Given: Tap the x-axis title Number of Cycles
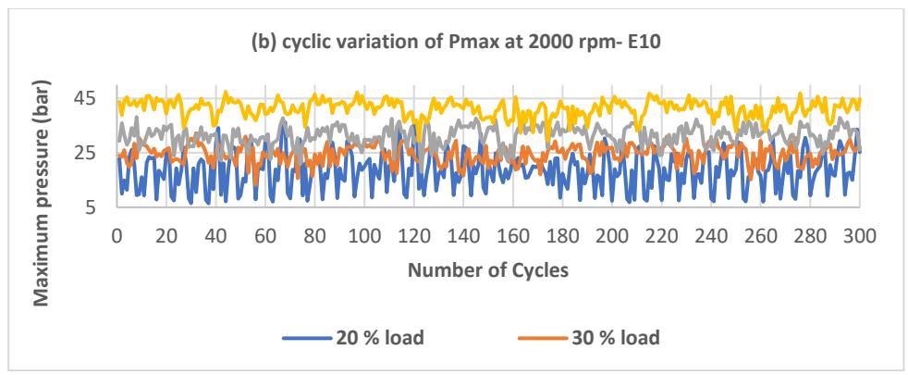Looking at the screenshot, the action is tap(488, 270).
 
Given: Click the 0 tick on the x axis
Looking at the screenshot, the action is tap(117, 237).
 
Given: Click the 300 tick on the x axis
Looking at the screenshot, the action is tap(859, 237).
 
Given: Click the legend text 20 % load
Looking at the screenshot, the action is tap(379, 337).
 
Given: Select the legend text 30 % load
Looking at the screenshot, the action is tap(616, 337).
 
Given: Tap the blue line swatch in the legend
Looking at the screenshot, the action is tap(307, 338).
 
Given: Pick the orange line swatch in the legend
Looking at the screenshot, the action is tap(543, 338).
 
